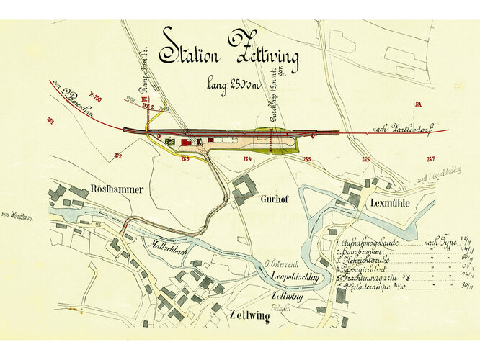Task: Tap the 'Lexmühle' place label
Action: click(x=389, y=204)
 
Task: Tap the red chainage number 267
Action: click(x=430, y=159)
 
